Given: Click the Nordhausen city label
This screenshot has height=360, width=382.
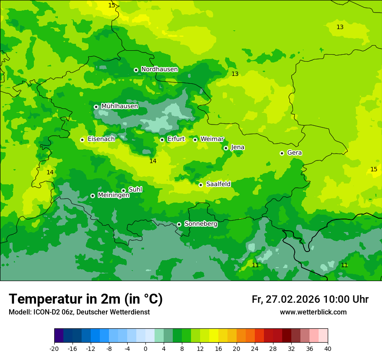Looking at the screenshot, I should [x=159, y=69].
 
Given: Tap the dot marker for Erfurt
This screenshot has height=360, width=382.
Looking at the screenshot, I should [x=162, y=140].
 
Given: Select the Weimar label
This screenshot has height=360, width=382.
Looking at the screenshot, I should [x=212, y=139].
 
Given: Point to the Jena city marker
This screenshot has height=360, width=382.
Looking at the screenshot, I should [x=226, y=148].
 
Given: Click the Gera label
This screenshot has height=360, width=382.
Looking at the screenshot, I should [x=294, y=153].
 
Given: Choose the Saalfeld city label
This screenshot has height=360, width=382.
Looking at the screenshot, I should [x=218, y=184].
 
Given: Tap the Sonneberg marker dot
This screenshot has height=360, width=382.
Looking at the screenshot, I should [x=179, y=224].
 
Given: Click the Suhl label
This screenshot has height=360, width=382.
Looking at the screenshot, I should [x=135, y=190].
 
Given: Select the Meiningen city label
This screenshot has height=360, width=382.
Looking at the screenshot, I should [x=113, y=195].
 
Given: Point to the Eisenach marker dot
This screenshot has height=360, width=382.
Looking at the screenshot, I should [x=82, y=140].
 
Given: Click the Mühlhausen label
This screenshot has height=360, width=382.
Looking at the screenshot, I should [x=119, y=106].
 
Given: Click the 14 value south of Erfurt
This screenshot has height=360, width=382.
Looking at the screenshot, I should [x=153, y=161].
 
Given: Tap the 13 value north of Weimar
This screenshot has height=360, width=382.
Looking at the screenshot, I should [x=235, y=74].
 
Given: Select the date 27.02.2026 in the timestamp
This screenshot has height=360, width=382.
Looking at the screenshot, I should [x=291, y=300].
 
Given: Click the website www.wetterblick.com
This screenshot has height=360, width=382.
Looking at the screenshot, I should [x=313, y=312].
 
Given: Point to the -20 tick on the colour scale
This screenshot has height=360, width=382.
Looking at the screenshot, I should [x=54, y=348].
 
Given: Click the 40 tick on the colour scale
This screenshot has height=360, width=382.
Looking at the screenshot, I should [x=327, y=348].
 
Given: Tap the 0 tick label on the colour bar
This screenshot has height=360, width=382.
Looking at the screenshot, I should [x=145, y=348].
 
